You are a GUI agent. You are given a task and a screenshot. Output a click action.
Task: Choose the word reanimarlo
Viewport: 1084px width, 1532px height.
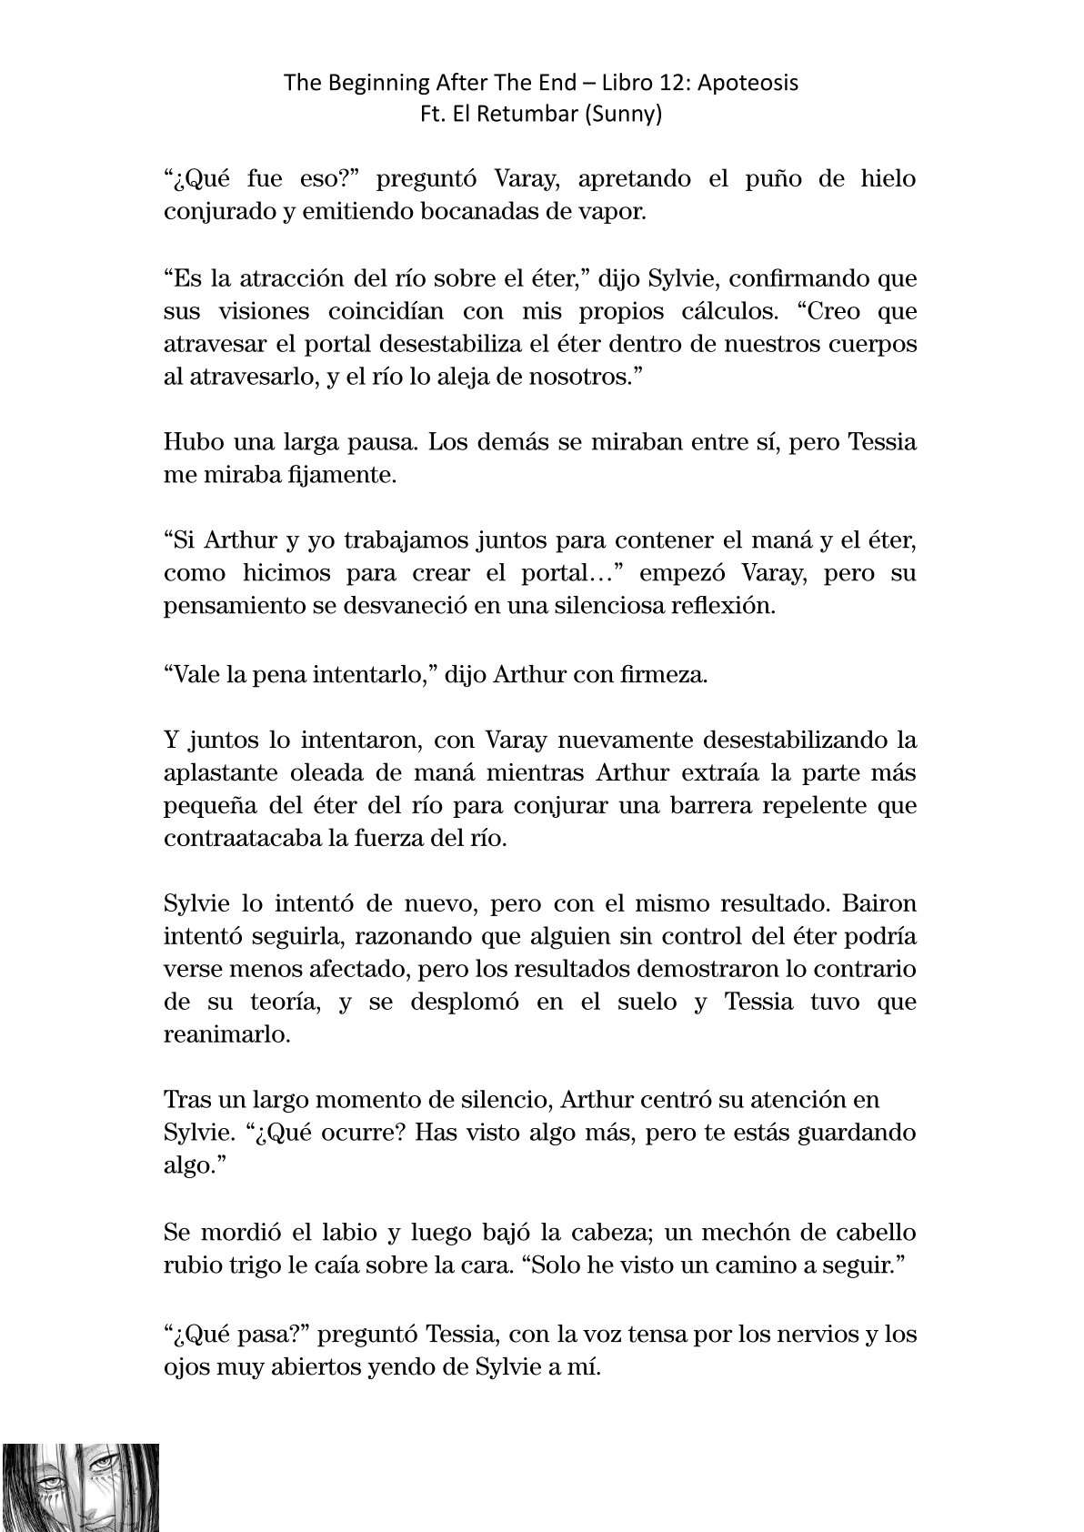pyautogui.click(x=226, y=1035)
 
